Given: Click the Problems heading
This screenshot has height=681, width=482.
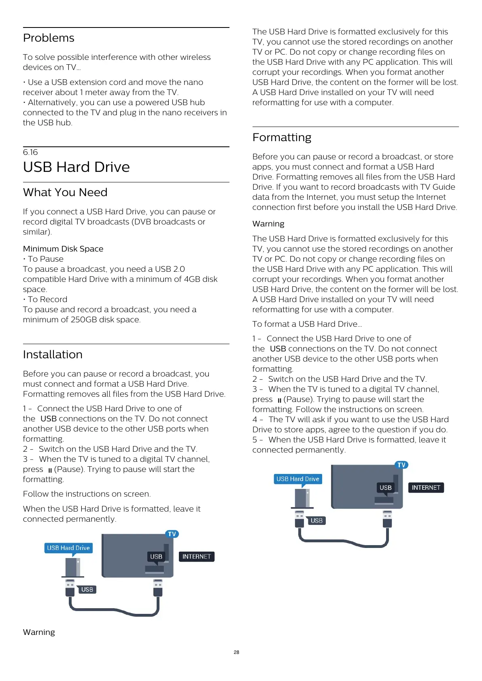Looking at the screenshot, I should point(49,38).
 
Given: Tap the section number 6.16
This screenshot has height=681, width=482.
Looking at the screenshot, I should point(30,152).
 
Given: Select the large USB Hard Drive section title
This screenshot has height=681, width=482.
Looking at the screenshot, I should point(76,167).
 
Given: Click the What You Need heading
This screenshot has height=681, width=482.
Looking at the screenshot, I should point(65,192).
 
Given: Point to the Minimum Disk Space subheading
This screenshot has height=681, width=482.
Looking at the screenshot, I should point(63,249).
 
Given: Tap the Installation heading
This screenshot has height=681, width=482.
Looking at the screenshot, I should point(53,355).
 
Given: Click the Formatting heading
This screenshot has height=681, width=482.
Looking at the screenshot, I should point(282,137).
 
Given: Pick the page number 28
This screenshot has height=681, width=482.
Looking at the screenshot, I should point(236,652).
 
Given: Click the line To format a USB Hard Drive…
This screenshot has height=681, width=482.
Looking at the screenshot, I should point(307,324).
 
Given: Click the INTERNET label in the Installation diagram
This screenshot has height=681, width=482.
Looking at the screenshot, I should point(196,556).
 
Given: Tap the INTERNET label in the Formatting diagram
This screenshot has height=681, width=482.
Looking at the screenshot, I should point(426,488).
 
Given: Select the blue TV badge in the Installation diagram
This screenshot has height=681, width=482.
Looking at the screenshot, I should point(172,534).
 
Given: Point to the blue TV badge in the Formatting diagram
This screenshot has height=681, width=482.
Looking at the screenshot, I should point(401,465).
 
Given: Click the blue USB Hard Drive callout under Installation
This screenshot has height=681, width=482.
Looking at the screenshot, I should point(68,548).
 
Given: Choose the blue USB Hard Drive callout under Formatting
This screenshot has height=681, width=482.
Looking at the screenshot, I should point(298,479).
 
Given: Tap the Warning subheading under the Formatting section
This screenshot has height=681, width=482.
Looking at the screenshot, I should point(268,224).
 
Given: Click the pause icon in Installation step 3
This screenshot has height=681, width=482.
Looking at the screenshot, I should point(50,470).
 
